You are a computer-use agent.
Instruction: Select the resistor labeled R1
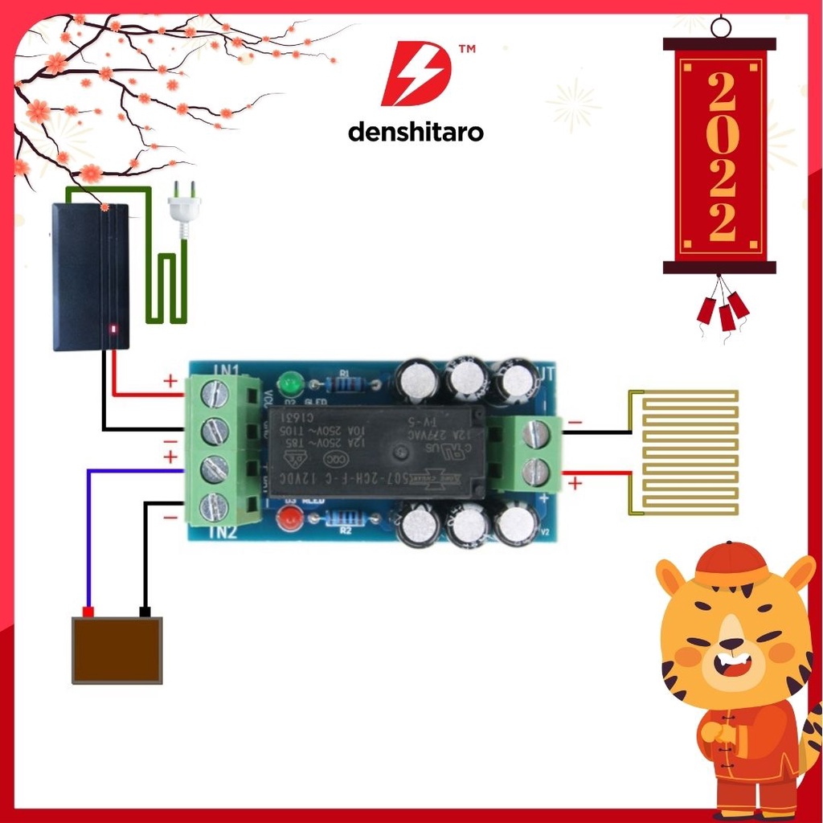point(345,384)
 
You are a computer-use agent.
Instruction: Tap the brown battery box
point(117,649)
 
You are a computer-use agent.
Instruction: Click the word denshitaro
point(416,132)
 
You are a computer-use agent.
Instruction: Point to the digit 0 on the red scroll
point(722,138)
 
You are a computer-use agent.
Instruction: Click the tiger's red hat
point(731,565)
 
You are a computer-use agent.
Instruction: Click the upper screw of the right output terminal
point(535,435)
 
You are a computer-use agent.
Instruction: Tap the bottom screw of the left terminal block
point(213,506)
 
